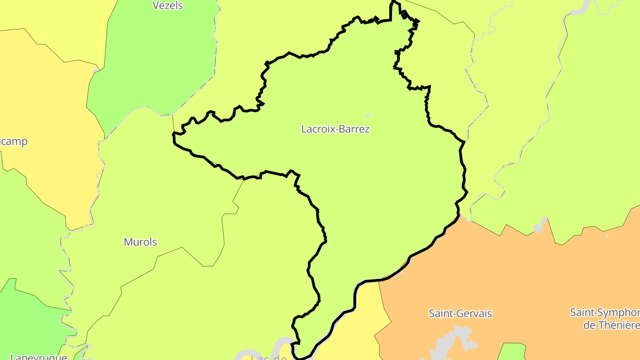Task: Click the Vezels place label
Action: [x=168, y=6]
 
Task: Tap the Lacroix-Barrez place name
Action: [x=335, y=129]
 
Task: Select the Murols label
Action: [x=140, y=242]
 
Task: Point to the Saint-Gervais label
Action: [x=460, y=313]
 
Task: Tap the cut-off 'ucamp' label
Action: [x=13, y=142]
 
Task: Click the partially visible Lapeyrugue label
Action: [x=38, y=356]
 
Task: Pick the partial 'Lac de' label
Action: [x=268, y=357]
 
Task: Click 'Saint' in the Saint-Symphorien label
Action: [x=582, y=312]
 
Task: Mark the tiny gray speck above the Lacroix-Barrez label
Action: [x=368, y=115]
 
